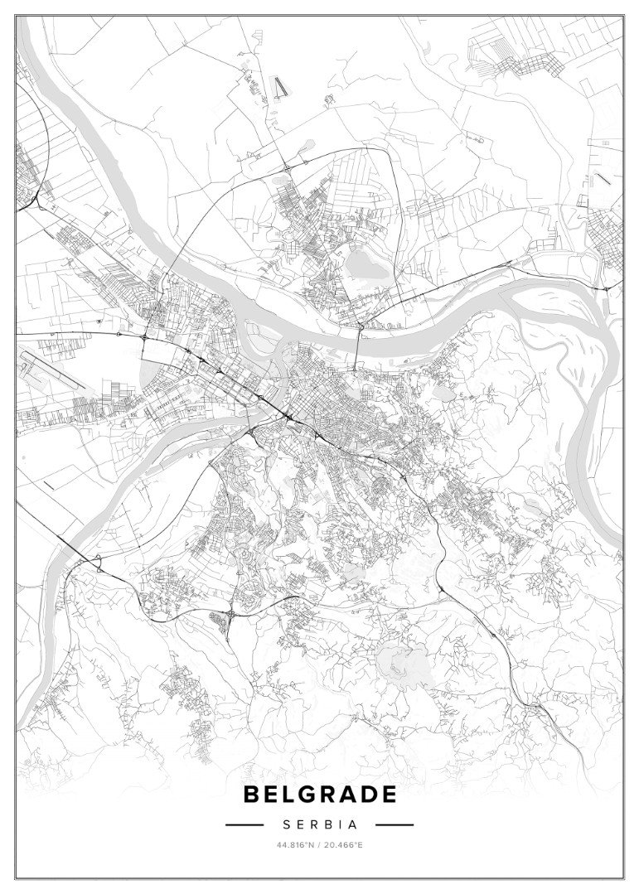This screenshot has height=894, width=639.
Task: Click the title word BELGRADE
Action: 319,795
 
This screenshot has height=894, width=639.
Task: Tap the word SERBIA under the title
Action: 319,825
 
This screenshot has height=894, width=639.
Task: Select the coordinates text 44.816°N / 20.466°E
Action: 319,845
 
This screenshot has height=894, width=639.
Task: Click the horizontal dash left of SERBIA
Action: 244,825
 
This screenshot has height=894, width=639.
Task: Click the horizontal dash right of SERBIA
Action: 394,825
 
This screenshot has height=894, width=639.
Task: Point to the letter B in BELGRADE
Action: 251,795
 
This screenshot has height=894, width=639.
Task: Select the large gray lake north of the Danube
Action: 359,264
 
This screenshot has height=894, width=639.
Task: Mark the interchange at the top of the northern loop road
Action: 287,166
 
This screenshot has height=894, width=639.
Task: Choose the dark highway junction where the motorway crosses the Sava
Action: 286,418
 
